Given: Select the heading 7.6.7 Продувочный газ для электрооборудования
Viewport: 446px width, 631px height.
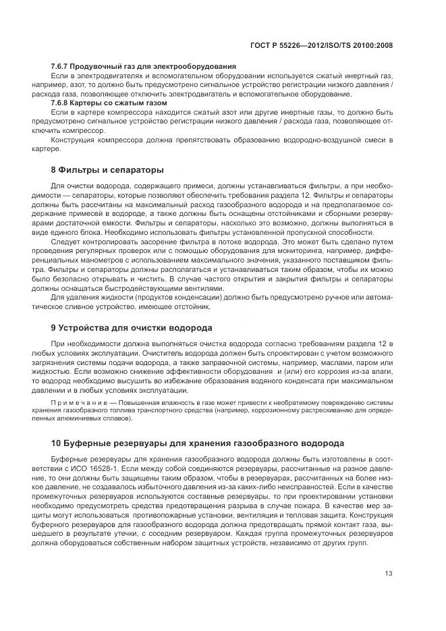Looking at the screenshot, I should point(143,65).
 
